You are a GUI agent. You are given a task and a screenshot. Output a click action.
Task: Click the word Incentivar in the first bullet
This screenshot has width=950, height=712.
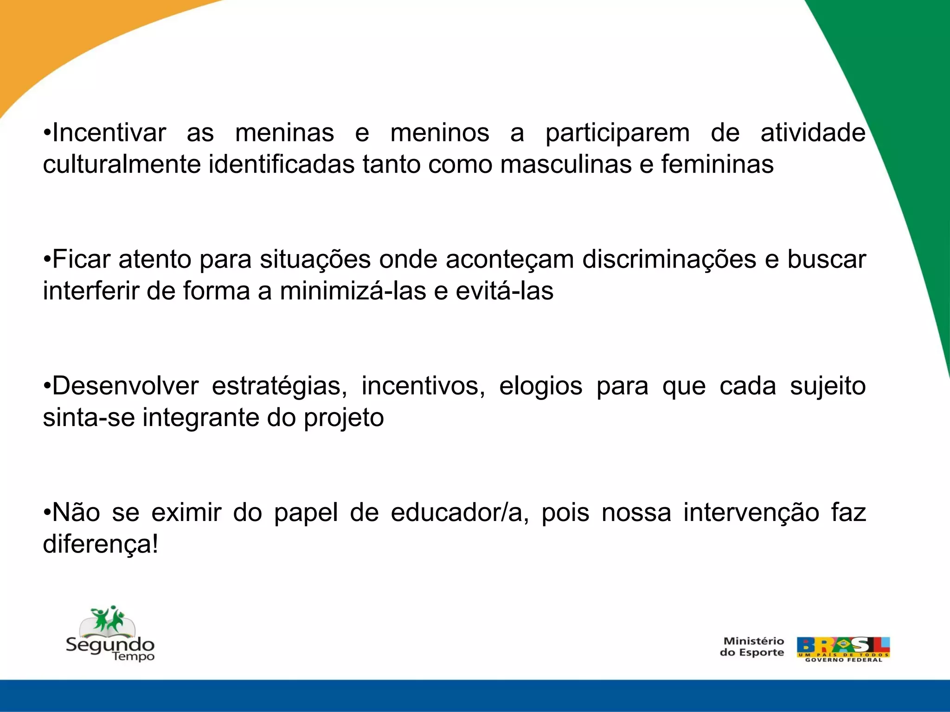(x=109, y=133)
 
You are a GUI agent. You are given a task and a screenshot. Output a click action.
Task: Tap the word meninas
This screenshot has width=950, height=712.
(x=284, y=133)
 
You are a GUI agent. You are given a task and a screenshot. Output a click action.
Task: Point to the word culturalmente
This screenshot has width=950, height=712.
(x=122, y=165)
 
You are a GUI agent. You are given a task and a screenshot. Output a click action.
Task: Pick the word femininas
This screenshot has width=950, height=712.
(x=717, y=165)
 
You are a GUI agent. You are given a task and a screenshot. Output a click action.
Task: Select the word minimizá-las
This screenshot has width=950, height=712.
(x=353, y=291)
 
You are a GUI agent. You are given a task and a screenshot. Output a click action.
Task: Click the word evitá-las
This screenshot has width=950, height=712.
(x=505, y=291)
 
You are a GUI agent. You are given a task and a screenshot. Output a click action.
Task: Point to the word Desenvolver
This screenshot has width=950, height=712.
(x=125, y=386)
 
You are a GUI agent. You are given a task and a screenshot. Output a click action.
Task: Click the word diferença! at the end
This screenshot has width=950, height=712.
(x=100, y=544)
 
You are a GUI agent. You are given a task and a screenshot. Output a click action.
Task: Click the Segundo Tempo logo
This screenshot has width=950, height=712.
(x=110, y=635)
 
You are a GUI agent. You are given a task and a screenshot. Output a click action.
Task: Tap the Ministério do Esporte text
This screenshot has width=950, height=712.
(x=751, y=647)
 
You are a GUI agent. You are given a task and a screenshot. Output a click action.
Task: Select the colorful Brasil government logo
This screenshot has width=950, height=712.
(x=843, y=649)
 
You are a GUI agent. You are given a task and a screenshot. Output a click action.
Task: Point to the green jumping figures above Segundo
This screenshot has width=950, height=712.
(x=108, y=618)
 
